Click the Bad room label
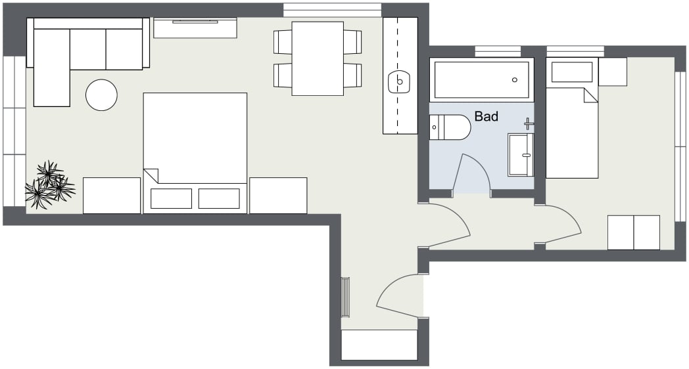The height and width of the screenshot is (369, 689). (x=487, y=117)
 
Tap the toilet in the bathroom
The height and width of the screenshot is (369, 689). (x=450, y=127)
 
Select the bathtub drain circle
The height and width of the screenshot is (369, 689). (x=515, y=80)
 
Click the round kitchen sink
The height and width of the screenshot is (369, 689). (x=399, y=82)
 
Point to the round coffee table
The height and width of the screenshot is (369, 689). (x=101, y=95)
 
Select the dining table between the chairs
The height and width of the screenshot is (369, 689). (x=318, y=58)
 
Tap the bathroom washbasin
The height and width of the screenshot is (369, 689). (x=520, y=155)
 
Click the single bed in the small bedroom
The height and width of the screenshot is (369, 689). (x=571, y=131)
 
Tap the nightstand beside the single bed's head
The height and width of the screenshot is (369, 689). (x=612, y=71)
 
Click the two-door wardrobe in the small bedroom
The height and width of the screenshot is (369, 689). (x=633, y=232)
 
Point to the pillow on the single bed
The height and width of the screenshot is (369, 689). (x=571, y=72)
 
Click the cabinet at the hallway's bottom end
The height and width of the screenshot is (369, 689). (x=379, y=345)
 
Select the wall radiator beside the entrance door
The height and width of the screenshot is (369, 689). (x=345, y=297)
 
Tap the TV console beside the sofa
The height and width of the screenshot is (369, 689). (x=195, y=28)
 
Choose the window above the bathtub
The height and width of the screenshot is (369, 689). (x=498, y=51)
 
